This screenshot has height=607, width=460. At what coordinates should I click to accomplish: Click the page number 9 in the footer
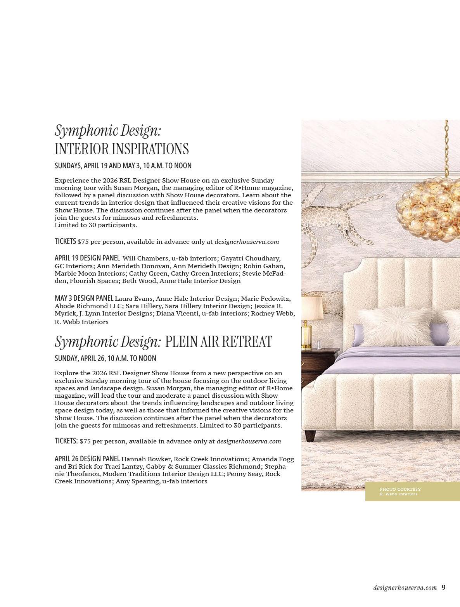point(443,588)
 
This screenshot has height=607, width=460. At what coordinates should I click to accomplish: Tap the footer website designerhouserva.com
point(405,588)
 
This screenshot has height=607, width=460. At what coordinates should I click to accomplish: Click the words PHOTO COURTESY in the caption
point(400,489)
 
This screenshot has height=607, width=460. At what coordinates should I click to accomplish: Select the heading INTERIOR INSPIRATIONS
point(121,149)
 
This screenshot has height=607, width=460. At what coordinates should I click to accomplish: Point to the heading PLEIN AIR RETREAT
point(218,341)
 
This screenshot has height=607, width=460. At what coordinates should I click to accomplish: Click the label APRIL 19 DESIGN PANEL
point(87,258)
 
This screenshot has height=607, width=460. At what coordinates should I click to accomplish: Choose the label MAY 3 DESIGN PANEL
point(84,298)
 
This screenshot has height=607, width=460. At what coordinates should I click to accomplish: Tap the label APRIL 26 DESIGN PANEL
point(87,459)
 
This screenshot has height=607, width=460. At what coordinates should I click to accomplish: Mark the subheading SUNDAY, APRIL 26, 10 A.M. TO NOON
point(105,359)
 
